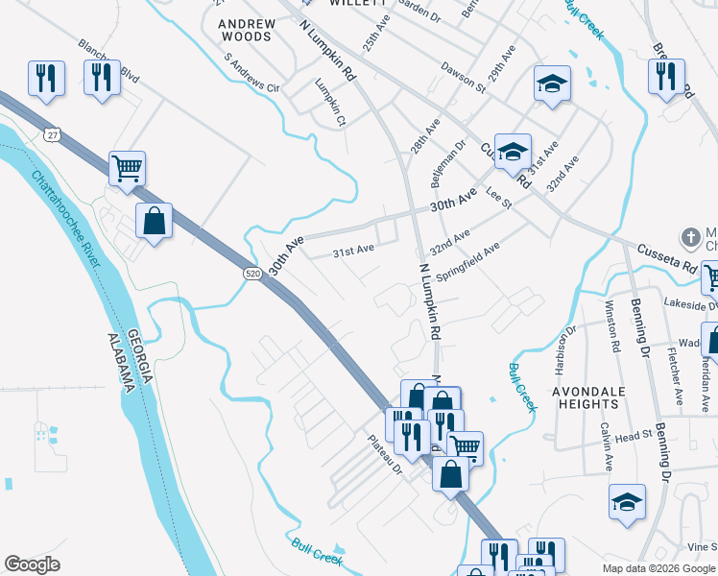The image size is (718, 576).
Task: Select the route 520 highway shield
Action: (251, 275)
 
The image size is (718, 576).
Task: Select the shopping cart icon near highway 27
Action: (127, 170)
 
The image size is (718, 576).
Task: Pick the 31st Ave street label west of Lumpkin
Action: (352, 252)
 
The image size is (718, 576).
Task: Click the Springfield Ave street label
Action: (467, 261)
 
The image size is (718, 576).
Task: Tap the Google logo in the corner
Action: (32, 564)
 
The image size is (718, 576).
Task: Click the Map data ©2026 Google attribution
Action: (658, 568)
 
